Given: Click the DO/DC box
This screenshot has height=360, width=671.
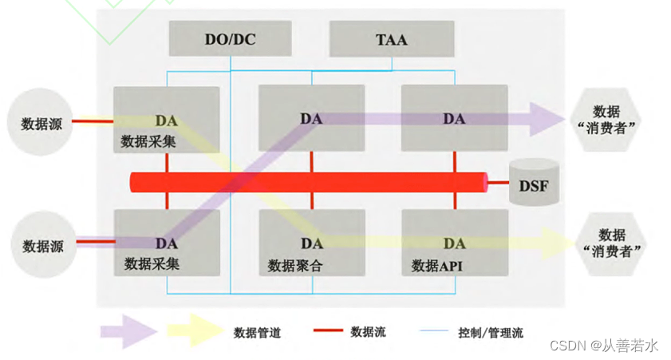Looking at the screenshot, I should click(x=231, y=38).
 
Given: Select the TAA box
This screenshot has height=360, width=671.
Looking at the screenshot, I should click(x=391, y=38).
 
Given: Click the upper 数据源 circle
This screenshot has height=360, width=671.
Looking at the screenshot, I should click(x=37, y=124).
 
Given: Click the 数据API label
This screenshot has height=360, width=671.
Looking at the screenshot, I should click(x=436, y=265).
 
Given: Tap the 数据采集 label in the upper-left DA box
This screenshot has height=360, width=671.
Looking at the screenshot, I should click(x=148, y=141).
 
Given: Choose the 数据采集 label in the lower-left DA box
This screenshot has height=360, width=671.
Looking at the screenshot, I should click(x=152, y=263).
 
